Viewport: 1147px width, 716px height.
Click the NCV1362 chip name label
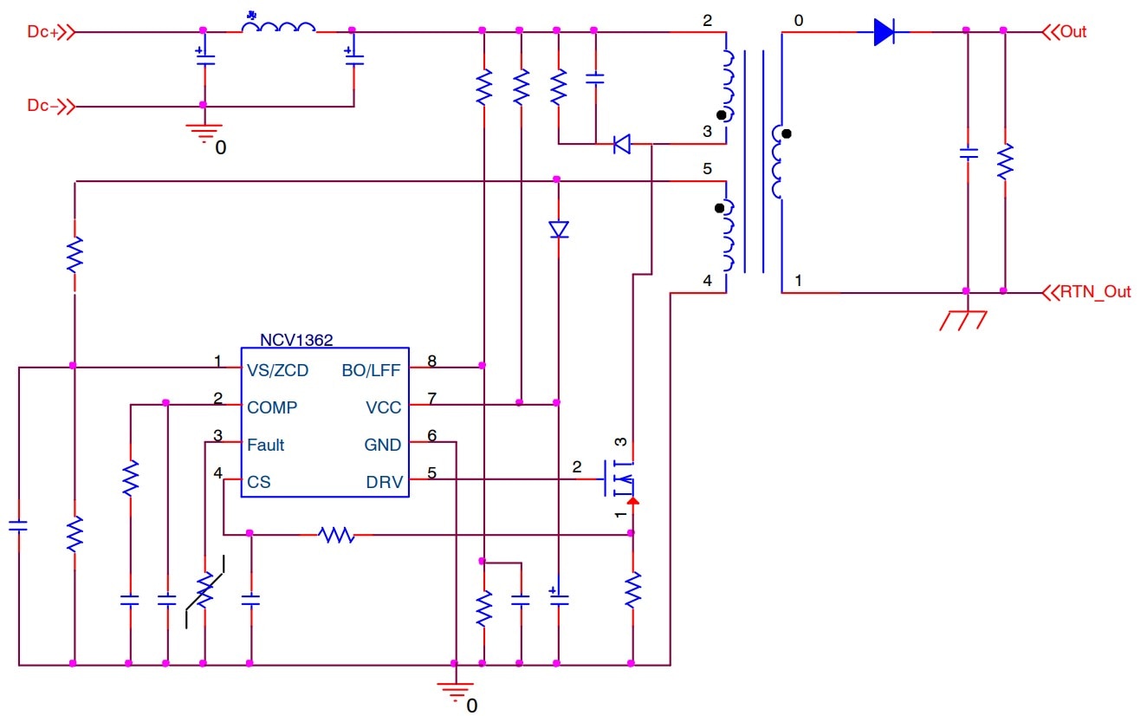296,340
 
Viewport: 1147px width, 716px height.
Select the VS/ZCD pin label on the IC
277,370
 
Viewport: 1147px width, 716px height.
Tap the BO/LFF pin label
372,370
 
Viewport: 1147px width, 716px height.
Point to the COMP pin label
272,407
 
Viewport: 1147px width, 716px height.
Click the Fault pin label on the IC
265,445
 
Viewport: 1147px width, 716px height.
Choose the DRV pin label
385,482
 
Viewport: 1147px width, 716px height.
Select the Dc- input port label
42,106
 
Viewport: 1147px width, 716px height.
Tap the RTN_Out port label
1095,291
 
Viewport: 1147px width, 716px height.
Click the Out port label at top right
1073,32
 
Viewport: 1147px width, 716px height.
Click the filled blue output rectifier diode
885,32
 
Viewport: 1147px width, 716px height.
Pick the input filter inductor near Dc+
279,27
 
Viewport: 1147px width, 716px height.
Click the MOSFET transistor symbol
620,478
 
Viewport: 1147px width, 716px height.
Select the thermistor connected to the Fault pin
204,591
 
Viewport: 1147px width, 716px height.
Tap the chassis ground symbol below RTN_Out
963,320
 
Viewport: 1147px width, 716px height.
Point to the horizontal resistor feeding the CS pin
336,535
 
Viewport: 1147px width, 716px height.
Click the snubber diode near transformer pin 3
622,144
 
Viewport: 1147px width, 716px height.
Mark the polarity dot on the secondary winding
787,133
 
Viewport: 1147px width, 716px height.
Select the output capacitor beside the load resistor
969,153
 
